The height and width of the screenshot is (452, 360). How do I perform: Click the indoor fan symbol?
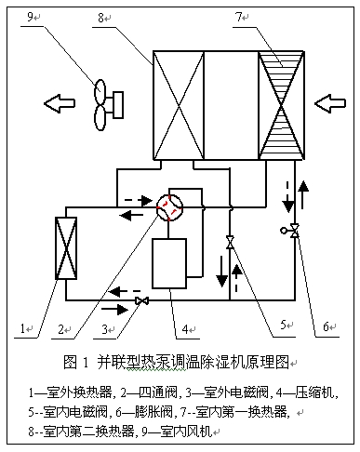coord(106,99)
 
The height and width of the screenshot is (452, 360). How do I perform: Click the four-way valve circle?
coord(168,207)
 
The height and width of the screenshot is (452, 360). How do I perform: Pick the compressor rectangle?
coord(170,263)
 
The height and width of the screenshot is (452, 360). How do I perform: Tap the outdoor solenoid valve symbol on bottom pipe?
coord(143,301)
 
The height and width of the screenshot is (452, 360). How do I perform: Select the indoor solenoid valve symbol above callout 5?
coord(230,243)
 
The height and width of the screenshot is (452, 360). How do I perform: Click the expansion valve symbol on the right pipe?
coord(295,230)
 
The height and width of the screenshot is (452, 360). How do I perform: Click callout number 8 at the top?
coord(155,17)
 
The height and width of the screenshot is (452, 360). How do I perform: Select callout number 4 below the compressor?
coord(186,328)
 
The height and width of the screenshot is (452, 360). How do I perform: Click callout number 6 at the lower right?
coord(327,326)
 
